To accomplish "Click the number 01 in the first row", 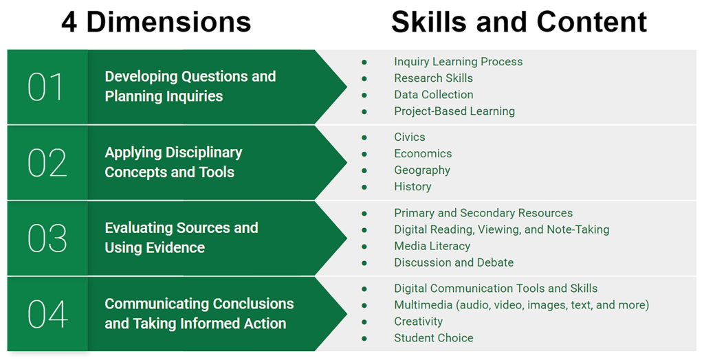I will tap(46, 87).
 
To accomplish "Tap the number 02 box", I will tap(47, 163).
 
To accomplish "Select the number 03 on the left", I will tap(47, 238).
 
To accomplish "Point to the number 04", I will tap(47, 314).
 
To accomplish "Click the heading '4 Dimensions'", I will tap(156, 22).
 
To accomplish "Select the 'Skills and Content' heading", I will tap(518, 22).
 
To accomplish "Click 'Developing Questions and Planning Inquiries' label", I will tap(190, 87).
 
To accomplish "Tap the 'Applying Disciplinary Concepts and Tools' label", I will tap(173, 162).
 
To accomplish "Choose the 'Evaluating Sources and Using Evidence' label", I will tap(181, 238).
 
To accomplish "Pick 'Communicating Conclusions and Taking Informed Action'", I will tap(199, 313).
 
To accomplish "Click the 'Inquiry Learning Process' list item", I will tap(458, 62).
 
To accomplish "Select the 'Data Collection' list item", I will tap(433, 95).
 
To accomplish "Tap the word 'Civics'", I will tap(409, 137).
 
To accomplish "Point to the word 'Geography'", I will tap(421, 170).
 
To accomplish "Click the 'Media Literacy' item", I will tap(432, 246).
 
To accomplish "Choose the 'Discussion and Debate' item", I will tap(453, 262).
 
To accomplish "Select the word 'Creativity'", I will tap(418, 322).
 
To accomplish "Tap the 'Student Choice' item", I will tap(433, 338).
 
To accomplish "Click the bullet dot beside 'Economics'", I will tap(364, 154).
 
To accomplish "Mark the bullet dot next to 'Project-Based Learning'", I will tap(364, 111).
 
